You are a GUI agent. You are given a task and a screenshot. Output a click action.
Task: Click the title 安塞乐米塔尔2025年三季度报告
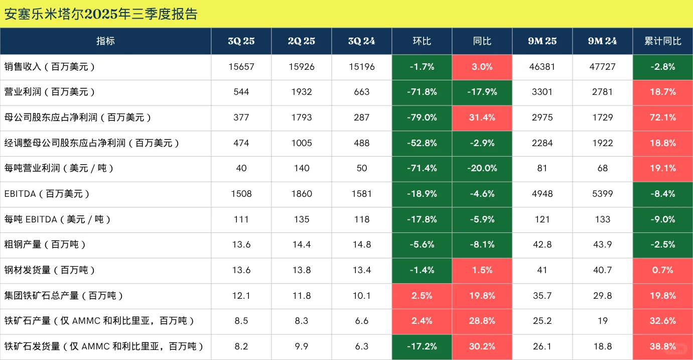point(101,14)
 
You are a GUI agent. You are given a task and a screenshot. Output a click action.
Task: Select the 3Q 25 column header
point(241,41)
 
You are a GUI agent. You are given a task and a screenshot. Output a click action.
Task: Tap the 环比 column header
point(422,41)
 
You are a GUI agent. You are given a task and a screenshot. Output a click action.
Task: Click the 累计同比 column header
point(662,41)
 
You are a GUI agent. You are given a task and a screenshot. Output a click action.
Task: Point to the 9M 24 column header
point(602,41)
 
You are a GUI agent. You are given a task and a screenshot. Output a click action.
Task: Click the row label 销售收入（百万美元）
point(50,67)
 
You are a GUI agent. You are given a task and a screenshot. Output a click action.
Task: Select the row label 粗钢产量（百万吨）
point(45,245)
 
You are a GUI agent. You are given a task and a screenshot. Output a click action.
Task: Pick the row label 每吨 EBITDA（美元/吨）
point(58,219)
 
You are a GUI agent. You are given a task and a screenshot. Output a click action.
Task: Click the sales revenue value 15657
point(241,67)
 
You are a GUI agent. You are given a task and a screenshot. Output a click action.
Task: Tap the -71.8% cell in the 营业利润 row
point(422,92)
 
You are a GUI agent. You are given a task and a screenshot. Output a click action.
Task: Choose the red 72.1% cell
point(662,117)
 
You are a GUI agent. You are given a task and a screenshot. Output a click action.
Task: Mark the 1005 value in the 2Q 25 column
point(301,143)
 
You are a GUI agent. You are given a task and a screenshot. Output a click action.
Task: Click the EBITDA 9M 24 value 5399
point(602,194)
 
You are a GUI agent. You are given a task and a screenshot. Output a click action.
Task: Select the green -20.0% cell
point(482,168)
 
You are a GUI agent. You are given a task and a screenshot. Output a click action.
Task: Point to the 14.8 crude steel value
point(361,245)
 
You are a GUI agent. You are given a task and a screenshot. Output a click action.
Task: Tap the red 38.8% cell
point(662,346)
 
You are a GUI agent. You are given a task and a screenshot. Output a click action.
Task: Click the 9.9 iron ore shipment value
point(301,346)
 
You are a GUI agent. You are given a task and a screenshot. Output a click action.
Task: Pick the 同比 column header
point(482,41)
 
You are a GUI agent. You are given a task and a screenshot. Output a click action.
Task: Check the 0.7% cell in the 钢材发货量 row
point(662,270)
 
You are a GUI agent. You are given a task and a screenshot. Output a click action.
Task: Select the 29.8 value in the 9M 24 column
point(602,296)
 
